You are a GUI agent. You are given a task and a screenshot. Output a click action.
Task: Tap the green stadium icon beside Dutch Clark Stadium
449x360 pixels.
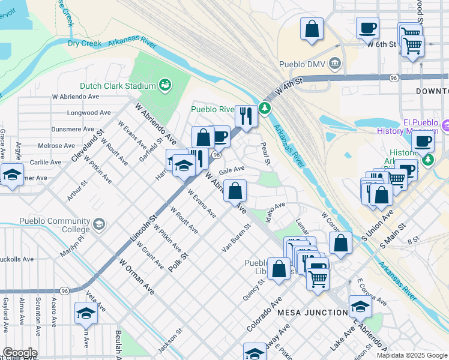click(165, 86)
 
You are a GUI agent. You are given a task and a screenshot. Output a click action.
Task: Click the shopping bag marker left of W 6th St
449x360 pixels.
click(312, 29)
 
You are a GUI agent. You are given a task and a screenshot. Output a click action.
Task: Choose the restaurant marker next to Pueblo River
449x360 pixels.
click(246, 115)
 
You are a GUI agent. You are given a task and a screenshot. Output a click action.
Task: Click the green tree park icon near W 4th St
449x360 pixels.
click(265, 108)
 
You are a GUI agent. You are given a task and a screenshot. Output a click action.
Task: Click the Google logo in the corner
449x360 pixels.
click(19, 353)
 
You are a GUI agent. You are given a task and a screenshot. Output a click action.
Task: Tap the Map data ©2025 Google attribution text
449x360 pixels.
click(411, 355)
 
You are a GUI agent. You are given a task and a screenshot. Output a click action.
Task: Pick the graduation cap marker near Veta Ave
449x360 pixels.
click(86, 313)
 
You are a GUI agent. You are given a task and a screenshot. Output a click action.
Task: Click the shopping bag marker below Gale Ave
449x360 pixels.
click(237, 191)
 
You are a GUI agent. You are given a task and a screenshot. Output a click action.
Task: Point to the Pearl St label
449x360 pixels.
click(266, 154)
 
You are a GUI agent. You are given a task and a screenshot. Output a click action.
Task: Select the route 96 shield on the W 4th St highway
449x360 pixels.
click(393, 78)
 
